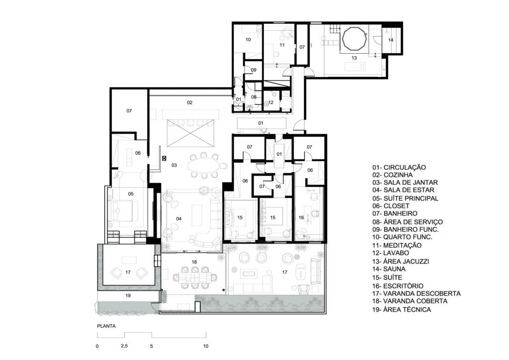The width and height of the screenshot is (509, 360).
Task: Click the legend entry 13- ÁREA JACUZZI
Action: click(401, 261)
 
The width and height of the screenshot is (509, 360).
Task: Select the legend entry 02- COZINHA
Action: click(393, 175)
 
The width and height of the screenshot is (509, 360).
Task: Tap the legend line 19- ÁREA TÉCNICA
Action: click(402, 309)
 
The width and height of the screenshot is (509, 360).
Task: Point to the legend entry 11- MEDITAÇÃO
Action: click(397, 246)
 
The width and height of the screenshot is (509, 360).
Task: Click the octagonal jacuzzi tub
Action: click(354, 39)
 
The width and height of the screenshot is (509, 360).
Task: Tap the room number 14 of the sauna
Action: click(391, 40)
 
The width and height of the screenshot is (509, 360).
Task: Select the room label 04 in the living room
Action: click(179, 219)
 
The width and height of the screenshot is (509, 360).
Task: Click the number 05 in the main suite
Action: click(131, 194)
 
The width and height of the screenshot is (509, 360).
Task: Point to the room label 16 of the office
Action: click(301, 217)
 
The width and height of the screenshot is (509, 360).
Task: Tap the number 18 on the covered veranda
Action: click(194, 262)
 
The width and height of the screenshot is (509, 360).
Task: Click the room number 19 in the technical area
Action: click(128, 296)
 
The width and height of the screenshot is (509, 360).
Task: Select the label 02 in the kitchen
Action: click(190, 102)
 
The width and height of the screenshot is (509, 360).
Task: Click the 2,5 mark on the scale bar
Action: click(124, 346)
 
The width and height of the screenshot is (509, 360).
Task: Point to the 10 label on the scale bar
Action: click(205, 346)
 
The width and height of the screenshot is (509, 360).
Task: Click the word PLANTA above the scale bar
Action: click(106, 326)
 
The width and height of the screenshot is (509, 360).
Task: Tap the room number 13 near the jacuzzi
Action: click(354, 58)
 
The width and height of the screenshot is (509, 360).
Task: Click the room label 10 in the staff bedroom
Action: click(249, 40)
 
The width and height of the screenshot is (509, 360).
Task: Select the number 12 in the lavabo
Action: click(271, 102)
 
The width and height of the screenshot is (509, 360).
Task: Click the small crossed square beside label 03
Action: click(164, 159)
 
